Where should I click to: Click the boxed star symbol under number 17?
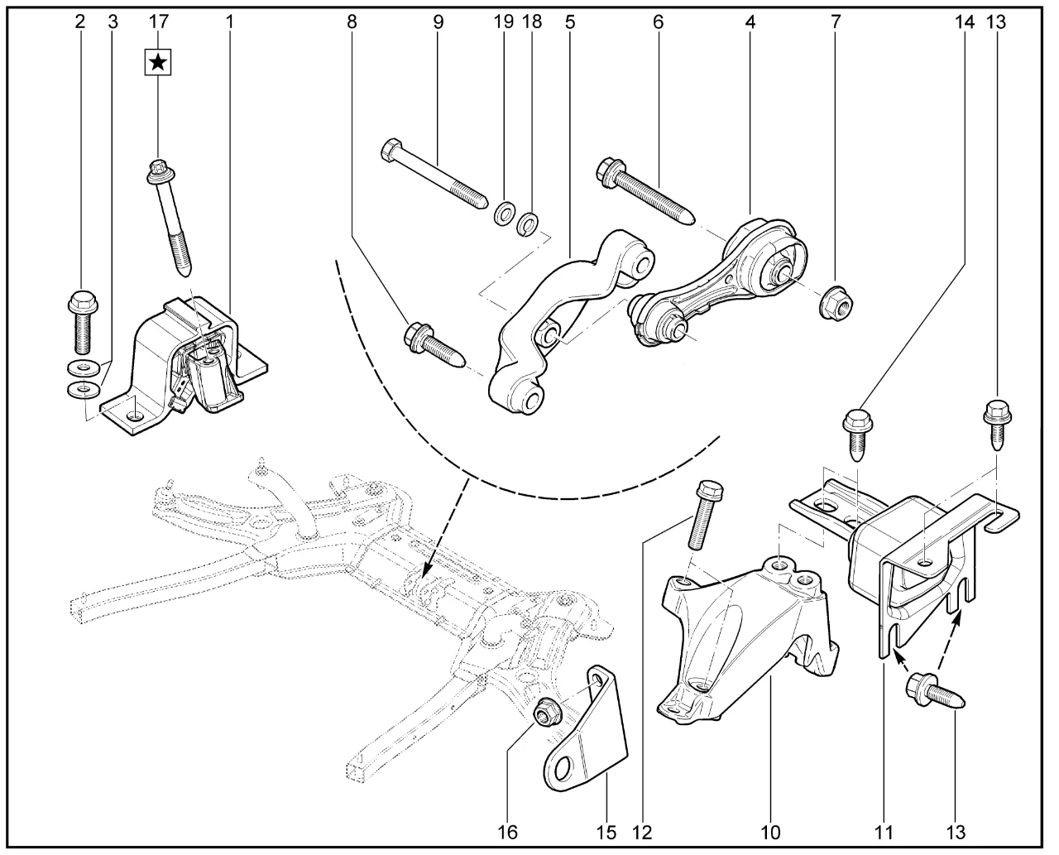(x=157, y=62)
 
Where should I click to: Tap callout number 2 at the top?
(x=80, y=22)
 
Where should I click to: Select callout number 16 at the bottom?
(x=509, y=830)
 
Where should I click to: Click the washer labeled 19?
(x=502, y=215)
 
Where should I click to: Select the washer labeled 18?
(x=525, y=223)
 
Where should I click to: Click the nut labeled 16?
(x=545, y=711)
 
